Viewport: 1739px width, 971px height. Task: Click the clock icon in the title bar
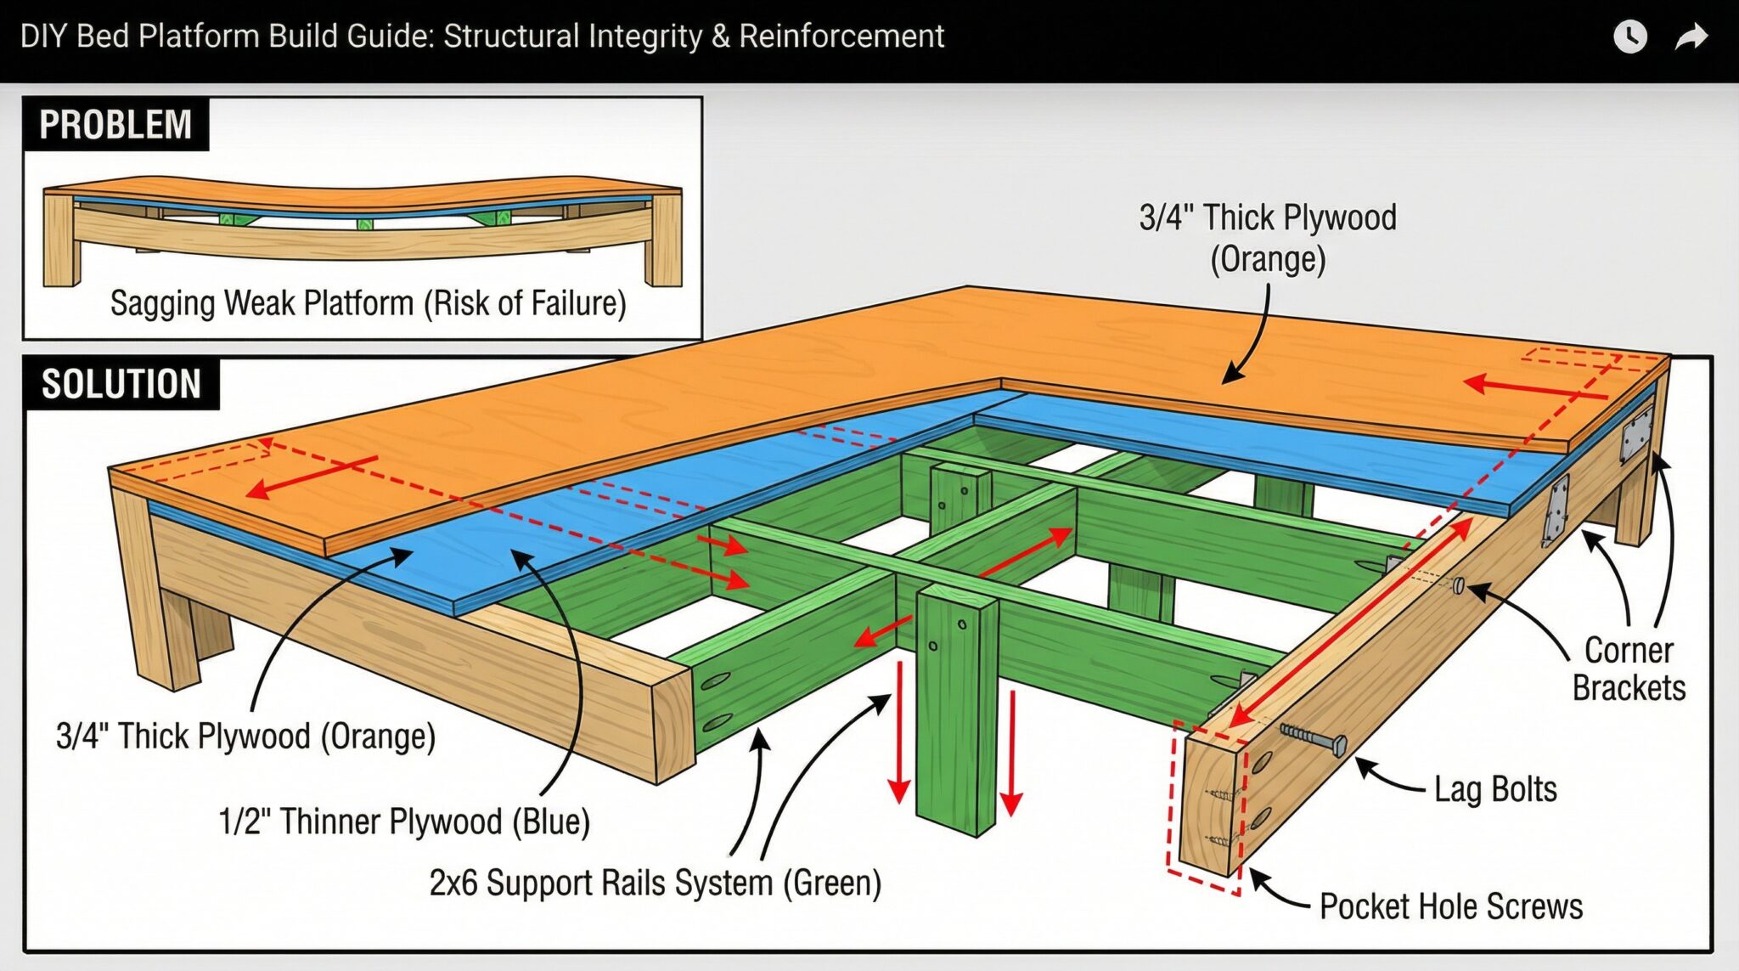(x=1629, y=37)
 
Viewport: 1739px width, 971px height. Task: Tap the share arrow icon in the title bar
(x=1691, y=37)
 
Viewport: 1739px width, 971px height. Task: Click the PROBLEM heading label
(x=115, y=125)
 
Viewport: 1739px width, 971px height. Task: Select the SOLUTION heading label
(x=121, y=384)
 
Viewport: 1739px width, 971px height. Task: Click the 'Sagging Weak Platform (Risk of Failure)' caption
(x=368, y=303)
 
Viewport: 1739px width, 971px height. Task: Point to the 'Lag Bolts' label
(x=1495, y=789)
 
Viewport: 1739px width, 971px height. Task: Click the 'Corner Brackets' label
(x=1629, y=669)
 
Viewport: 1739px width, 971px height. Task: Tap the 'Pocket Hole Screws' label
(x=1450, y=906)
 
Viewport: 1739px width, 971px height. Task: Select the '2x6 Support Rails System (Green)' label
(x=655, y=883)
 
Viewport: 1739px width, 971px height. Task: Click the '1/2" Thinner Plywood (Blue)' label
(x=404, y=821)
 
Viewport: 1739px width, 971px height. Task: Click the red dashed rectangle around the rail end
(x=1172, y=799)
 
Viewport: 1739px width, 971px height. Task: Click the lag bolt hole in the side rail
(x=1458, y=585)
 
